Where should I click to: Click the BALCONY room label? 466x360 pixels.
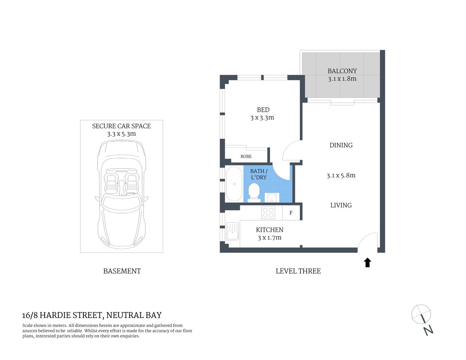coord(342,71)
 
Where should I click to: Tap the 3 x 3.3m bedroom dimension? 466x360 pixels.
coord(262,118)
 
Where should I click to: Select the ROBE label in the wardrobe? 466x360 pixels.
coord(246,156)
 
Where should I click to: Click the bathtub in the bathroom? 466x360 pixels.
coord(234,184)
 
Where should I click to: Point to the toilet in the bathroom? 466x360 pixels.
coord(254,192)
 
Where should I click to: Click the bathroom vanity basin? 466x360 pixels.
coord(272,197)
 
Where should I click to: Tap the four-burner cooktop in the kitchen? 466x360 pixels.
coord(268,213)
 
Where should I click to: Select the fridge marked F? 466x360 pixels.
coord(291,213)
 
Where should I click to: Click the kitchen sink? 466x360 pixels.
coord(232,231)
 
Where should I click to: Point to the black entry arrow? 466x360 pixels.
coord(367,262)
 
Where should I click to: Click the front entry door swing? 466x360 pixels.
coord(368,242)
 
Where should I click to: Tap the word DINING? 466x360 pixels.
coord(341,145)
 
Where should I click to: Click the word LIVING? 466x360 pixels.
coord(341,205)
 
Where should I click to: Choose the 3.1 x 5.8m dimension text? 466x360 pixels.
coord(341,175)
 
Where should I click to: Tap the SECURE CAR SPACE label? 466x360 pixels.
coord(121,126)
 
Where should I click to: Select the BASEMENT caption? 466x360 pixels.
coord(122,271)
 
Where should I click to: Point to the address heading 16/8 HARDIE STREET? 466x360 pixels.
coord(92,315)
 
